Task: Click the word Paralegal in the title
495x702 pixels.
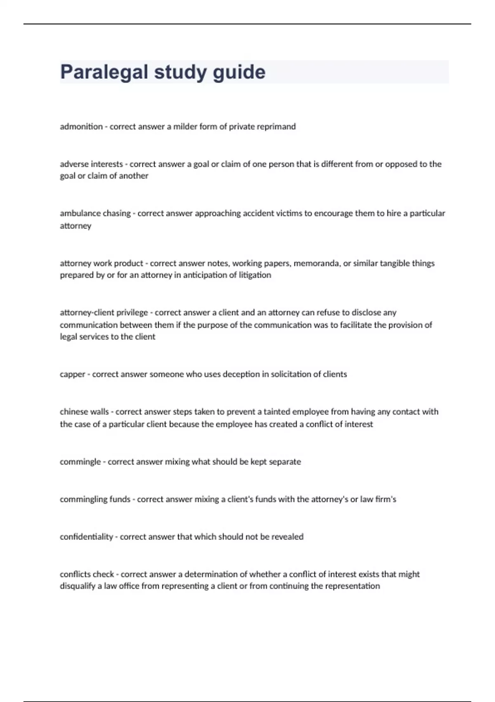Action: click(x=104, y=72)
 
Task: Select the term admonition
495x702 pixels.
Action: click(x=81, y=127)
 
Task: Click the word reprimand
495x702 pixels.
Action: click(x=276, y=127)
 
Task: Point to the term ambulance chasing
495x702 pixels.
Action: click(x=95, y=213)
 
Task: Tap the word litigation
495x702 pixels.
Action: click(x=255, y=275)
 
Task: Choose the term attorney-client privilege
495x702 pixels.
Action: click(x=104, y=313)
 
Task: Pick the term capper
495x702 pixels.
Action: click(x=72, y=375)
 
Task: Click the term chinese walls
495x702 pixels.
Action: click(x=84, y=412)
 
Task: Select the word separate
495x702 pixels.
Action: click(x=285, y=462)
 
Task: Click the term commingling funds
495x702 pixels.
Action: click(x=95, y=499)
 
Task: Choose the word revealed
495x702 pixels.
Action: click(x=287, y=537)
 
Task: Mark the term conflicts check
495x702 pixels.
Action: click(x=87, y=574)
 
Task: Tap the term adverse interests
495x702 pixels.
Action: click(x=91, y=164)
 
